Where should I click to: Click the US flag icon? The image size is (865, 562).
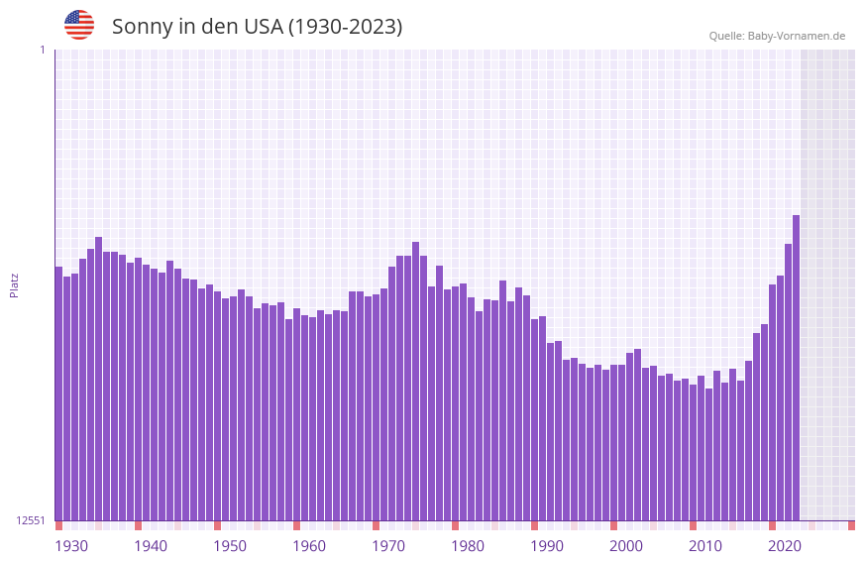pyautogui.click(x=79, y=25)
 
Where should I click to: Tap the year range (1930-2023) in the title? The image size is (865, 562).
pyautogui.click(x=345, y=27)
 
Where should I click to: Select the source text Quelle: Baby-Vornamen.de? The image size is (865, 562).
pyautogui.click(x=777, y=36)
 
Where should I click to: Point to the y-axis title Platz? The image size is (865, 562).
pyautogui.click(x=14, y=284)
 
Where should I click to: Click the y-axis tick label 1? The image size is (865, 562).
pyautogui.click(x=42, y=50)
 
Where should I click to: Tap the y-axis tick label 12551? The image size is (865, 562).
pyautogui.click(x=30, y=520)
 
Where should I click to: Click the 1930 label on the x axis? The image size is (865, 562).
pyautogui.click(x=71, y=546)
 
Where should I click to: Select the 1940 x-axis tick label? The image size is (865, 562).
pyautogui.click(x=151, y=546)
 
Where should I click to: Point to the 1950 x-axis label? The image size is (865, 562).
pyautogui.click(x=230, y=546)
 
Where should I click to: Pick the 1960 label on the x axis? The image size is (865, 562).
pyautogui.click(x=309, y=546)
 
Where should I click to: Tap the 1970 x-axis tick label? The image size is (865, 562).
pyautogui.click(x=388, y=546)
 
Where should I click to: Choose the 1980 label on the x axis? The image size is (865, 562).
pyautogui.click(x=468, y=546)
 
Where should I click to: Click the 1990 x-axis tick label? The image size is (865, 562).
pyautogui.click(x=547, y=546)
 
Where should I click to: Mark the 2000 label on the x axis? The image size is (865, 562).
pyautogui.click(x=626, y=546)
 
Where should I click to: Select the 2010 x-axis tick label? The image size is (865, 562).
pyautogui.click(x=705, y=546)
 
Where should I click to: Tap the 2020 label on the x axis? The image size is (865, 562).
pyautogui.click(x=785, y=546)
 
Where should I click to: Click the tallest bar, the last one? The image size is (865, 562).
pyautogui.click(x=796, y=367)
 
